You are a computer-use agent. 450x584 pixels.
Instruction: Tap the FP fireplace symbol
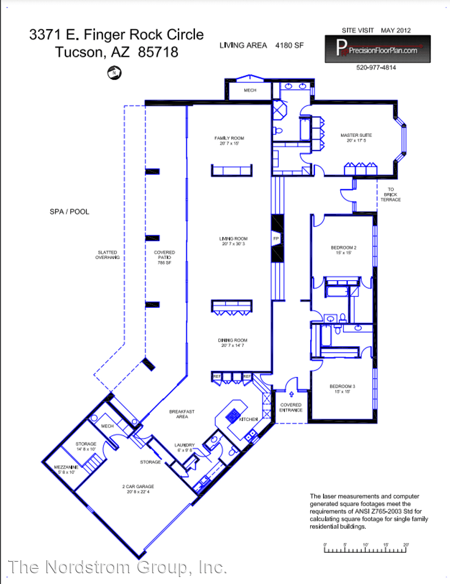click(x=276, y=238)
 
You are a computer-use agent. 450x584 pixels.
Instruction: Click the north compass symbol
click(x=114, y=71)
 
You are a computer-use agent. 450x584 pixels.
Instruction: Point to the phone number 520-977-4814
click(x=376, y=68)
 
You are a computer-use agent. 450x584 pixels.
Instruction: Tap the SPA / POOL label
click(x=69, y=211)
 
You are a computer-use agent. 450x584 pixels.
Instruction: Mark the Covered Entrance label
click(x=291, y=408)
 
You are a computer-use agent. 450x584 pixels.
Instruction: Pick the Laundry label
click(x=184, y=447)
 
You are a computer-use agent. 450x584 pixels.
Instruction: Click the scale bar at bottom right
click(x=365, y=550)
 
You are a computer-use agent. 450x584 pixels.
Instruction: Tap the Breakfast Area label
click(x=182, y=414)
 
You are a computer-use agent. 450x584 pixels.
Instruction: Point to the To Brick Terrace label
click(x=391, y=194)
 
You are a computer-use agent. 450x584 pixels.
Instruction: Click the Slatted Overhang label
click(x=108, y=255)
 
